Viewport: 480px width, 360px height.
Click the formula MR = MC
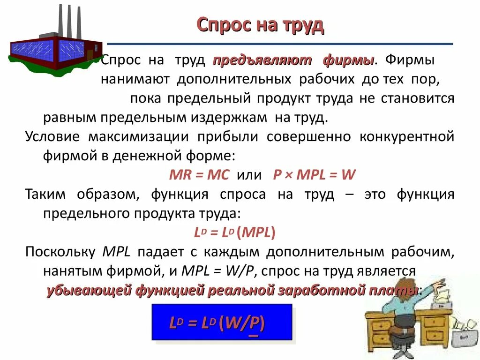click(199, 175)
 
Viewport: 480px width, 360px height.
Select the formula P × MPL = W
click(315, 175)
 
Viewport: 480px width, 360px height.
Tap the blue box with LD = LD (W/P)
click(222, 322)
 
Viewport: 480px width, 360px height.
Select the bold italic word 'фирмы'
click(348, 61)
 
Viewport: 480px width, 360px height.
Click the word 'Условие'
click(52, 137)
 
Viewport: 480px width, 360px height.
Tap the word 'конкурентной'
click(407, 137)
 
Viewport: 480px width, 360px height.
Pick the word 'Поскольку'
click(60, 252)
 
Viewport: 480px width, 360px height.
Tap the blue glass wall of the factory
click(33, 50)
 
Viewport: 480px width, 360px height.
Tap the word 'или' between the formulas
click(249, 175)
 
